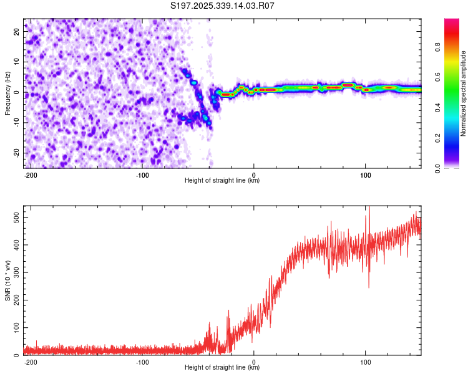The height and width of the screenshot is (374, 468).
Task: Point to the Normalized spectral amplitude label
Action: (464, 93)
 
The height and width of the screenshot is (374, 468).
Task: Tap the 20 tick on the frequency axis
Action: (17, 31)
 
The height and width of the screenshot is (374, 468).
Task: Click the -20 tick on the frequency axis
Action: (16, 153)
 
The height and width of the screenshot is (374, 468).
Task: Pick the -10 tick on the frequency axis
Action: (16, 123)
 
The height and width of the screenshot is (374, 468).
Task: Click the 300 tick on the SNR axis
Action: (14, 272)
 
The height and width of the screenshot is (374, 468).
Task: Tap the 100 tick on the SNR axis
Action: (14, 327)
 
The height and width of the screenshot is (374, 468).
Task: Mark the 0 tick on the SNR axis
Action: (17, 355)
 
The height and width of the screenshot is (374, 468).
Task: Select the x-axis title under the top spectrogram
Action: (222, 181)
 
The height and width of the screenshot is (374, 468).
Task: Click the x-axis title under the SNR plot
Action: (222, 368)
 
